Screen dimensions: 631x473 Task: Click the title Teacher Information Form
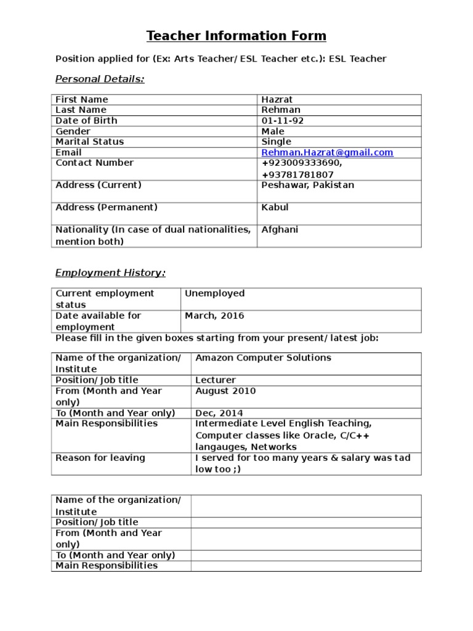236,36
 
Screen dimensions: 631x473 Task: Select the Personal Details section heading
100,79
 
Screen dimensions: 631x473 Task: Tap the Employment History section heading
110,272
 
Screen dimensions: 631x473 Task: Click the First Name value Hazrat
277,99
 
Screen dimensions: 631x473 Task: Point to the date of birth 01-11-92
282,121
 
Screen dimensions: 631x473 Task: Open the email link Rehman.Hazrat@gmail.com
327,152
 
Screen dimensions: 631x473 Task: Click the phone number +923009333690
301,163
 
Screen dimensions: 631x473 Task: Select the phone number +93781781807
297,174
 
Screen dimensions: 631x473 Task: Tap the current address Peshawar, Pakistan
307,185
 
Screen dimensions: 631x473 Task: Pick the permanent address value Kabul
275,207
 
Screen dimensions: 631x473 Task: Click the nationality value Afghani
280,230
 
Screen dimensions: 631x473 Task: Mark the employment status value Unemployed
214,293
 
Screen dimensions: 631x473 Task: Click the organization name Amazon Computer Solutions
263,357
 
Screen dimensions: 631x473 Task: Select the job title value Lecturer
216,380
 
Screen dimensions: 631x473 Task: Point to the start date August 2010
225,391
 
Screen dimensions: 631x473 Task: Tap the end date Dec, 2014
219,413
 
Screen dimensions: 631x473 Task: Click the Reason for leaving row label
100,458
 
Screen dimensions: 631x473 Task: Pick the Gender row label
73,131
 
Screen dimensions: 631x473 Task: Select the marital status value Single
276,142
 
